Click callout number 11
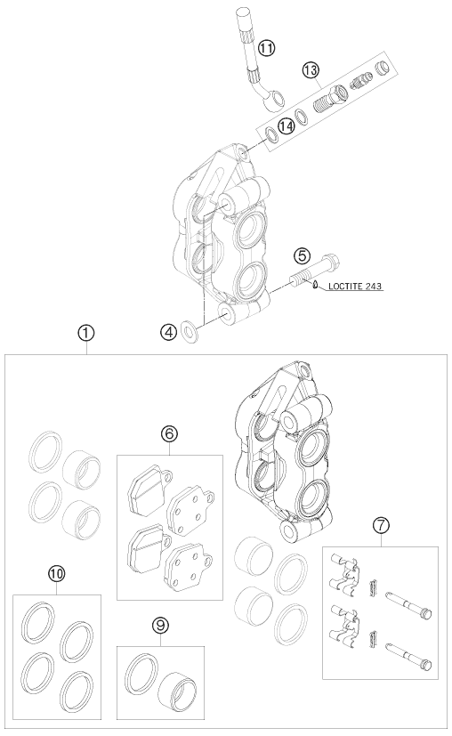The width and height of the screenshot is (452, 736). tap(267, 47)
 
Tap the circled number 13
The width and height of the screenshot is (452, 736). tap(311, 70)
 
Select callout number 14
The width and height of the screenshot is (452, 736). tap(286, 125)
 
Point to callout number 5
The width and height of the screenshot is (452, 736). tap(303, 255)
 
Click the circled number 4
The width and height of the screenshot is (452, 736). tap(168, 332)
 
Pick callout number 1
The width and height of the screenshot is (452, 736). tap(86, 334)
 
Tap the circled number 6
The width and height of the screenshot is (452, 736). tap(169, 433)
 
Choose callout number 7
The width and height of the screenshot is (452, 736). tap(381, 525)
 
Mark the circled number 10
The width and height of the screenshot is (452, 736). tap(56, 573)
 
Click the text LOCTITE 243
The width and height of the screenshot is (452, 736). tap(355, 286)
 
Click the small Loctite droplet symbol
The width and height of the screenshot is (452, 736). tap(315, 284)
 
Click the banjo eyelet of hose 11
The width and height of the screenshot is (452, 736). tap(273, 100)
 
